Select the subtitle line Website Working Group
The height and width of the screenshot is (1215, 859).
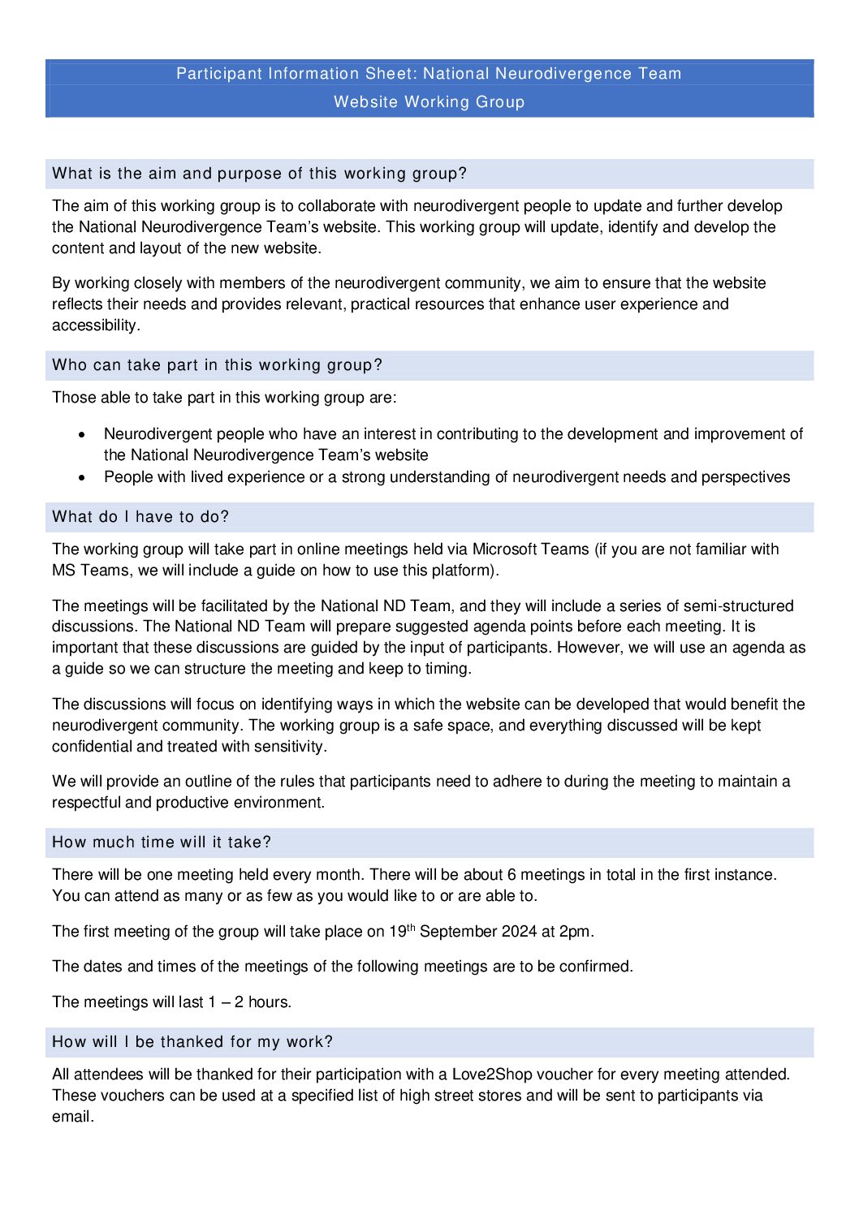tap(429, 102)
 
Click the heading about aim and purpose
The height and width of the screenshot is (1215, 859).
tap(259, 174)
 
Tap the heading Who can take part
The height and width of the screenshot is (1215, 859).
tap(217, 365)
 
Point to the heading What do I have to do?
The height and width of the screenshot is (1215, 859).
tap(140, 517)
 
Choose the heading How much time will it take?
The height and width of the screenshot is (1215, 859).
tap(162, 842)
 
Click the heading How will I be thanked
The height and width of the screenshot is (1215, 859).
tap(192, 1042)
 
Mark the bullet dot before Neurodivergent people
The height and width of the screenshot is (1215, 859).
tap(82, 435)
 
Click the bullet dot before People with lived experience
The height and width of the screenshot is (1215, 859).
tap(82, 478)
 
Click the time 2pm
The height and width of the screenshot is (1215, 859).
tap(576, 932)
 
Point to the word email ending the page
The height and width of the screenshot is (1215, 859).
tap(71, 1117)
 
